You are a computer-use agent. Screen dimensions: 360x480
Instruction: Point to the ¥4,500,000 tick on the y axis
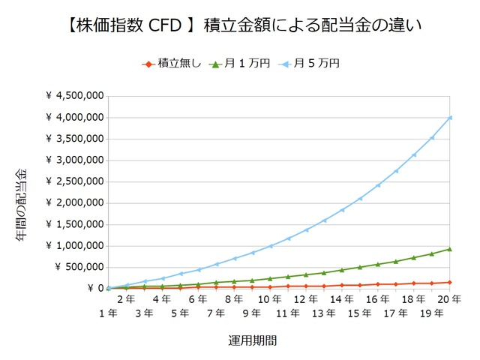(x=74, y=96)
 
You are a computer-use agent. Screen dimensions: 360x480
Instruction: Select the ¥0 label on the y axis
(x=94, y=288)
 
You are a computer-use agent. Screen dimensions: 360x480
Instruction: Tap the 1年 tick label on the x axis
(x=107, y=313)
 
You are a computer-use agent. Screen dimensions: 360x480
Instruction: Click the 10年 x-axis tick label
(x=269, y=298)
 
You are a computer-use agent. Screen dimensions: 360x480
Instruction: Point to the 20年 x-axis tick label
(x=449, y=298)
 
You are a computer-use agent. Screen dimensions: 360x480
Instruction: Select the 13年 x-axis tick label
(x=323, y=313)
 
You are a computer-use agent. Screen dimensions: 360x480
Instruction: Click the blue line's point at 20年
(x=450, y=117)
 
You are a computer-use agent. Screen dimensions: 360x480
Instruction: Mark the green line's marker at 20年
(x=450, y=249)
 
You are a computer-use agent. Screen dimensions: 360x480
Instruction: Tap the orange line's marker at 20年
(x=450, y=282)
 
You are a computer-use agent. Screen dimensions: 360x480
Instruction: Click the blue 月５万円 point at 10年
(x=270, y=246)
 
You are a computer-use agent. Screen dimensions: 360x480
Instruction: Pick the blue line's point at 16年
(x=378, y=185)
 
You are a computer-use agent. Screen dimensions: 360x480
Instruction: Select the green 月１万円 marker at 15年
(x=360, y=267)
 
